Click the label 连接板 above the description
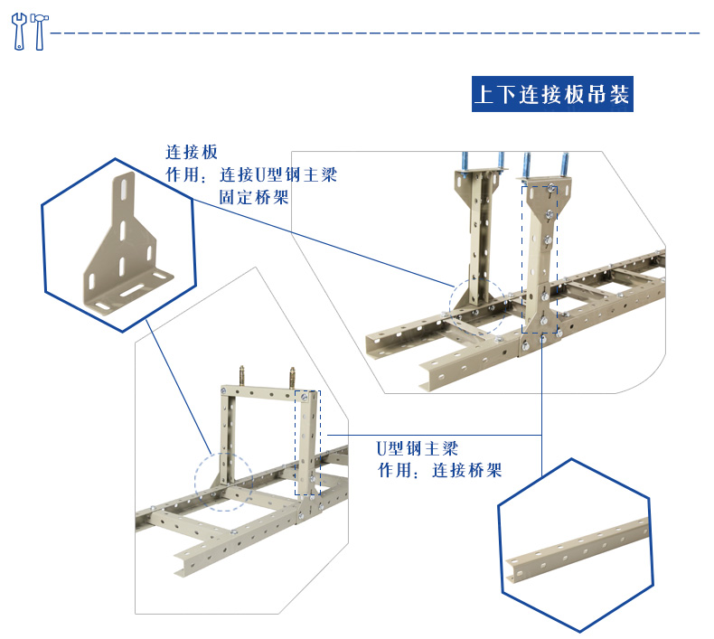191,152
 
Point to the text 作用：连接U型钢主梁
250,174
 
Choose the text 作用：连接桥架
439,471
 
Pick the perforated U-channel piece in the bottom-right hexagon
577,551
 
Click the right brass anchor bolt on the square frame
293,376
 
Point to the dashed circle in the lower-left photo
222,483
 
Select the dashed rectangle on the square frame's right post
307,442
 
